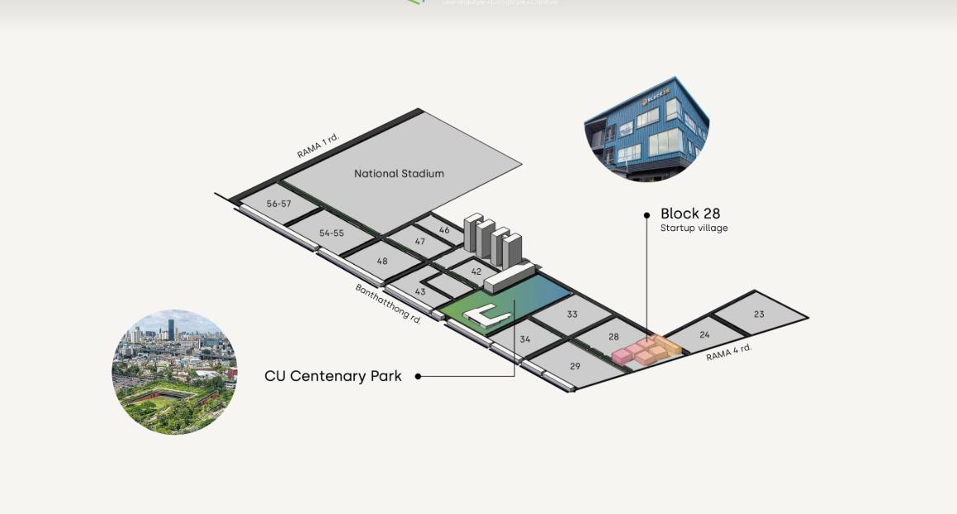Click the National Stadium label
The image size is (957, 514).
pyautogui.click(x=399, y=173)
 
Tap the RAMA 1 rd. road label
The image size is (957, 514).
pyautogui.click(x=318, y=145)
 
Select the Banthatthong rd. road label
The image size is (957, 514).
pyautogui.click(x=388, y=303)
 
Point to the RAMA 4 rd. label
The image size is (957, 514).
pyautogui.click(x=729, y=351)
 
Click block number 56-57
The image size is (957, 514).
pyautogui.click(x=278, y=204)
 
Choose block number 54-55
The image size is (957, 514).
pyautogui.click(x=331, y=233)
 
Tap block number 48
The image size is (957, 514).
pyautogui.click(x=381, y=262)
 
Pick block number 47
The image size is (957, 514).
pyautogui.click(x=420, y=242)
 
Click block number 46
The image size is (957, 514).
pyautogui.click(x=444, y=230)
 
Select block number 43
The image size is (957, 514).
pyautogui.click(x=420, y=292)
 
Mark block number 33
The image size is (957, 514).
pyautogui.click(x=572, y=314)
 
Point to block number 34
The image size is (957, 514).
pyautogui.click(x=525, y=339)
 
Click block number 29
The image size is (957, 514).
pyautogui.click(x=575, y=366)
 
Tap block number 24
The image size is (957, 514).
pyautogui.click(x=704, y=335)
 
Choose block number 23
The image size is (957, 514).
pyautogui.click(x=759, y=314)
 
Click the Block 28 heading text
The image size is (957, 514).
pyautogui.click(x=690, y=214)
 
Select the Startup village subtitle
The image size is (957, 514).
pyautogui.click(x=694, y=229)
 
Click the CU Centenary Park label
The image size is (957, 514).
pyautogui.click(x=333, y=376)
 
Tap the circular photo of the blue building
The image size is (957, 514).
pyautogui.click(x=647, y=129)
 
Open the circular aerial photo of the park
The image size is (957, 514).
pyautogui.click(x=174, y=372)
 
